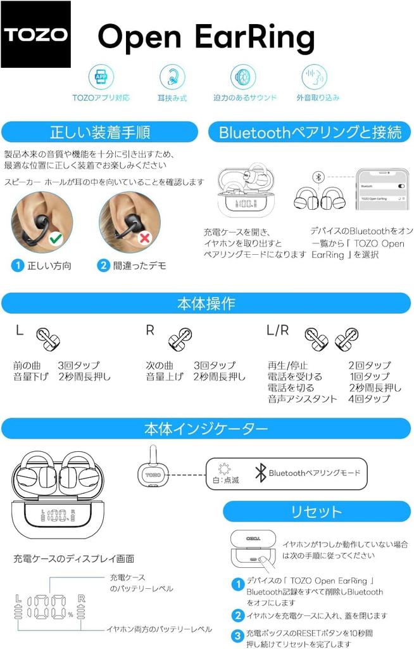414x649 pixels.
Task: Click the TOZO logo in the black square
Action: [36, 35]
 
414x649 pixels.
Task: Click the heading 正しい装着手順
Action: [99, 132]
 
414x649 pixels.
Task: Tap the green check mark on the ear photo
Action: [56, 239]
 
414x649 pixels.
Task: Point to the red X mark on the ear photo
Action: [144, 238]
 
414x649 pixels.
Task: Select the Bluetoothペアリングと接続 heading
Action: [310, 132]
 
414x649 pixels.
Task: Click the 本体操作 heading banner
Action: [206, 303]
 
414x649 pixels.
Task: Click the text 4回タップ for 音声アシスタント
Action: [369, 399]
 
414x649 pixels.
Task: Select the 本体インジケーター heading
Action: [206, 429]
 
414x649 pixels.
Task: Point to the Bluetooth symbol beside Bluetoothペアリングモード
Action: [260, 473]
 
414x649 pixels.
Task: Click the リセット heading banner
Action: [316, 511]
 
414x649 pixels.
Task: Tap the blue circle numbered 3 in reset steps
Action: [237, 636]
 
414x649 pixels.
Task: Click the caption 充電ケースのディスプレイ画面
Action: [73, 558]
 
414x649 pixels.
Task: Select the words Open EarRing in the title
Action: [206, 37]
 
